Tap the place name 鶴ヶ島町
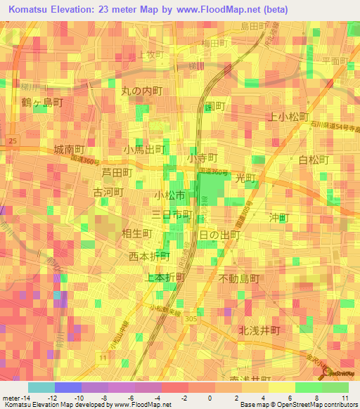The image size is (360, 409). click(x=43, y=103)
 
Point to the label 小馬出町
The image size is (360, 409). click(x=144, y=150)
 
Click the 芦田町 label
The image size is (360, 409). click(x=117, y=172)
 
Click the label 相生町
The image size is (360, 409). click(x=136, y=233)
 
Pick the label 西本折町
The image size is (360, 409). click(x=150, y=256)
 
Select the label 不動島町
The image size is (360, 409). click(x=239, y=278)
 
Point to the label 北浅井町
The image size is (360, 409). click(x=259, y=330)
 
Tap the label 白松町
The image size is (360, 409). click(x=314, y=160)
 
